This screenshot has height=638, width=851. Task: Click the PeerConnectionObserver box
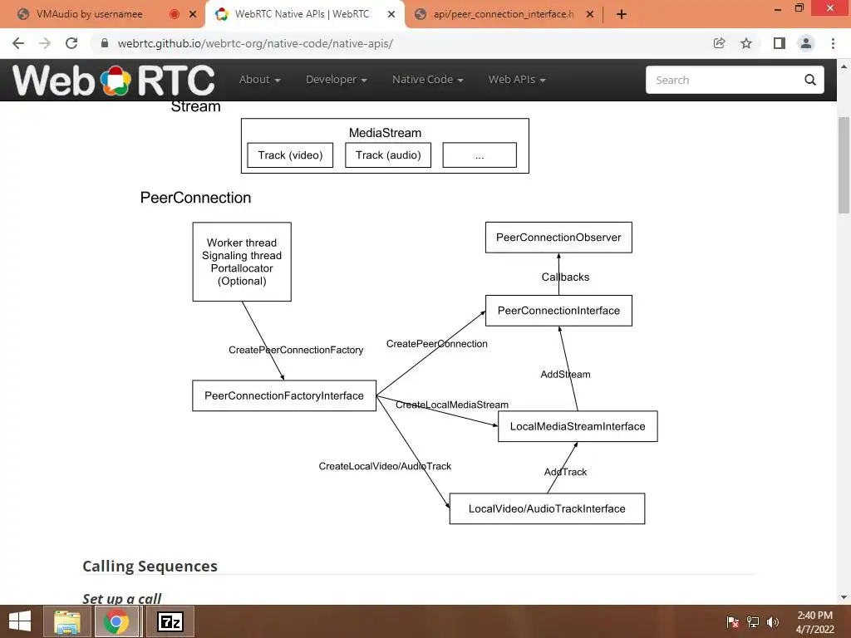[558, 238]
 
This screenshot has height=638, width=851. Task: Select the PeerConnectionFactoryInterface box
[284, 395]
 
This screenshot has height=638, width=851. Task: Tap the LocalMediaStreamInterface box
[578, 426]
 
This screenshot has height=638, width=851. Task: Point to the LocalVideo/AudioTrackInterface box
[547, 508]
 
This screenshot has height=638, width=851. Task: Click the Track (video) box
[290, 155]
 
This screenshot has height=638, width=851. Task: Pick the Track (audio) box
[388, 155]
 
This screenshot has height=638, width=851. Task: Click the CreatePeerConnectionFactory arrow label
[296, 350]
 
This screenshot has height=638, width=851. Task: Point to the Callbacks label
[565, 277]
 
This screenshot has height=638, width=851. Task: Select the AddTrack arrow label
[565, 472]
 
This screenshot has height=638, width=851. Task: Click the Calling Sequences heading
[150, 566]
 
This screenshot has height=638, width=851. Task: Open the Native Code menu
[427, 80]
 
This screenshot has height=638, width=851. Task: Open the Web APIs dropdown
[516, 80]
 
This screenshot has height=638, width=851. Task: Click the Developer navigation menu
[336, 80]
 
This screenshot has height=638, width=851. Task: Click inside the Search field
[723, 80]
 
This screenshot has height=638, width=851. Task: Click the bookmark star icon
[746, 43]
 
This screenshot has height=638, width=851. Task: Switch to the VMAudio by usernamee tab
[90, 14]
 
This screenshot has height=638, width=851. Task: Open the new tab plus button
[621, 14]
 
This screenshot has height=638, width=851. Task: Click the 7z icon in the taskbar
[170, 621]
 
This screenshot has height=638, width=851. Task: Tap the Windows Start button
[20, 621]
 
